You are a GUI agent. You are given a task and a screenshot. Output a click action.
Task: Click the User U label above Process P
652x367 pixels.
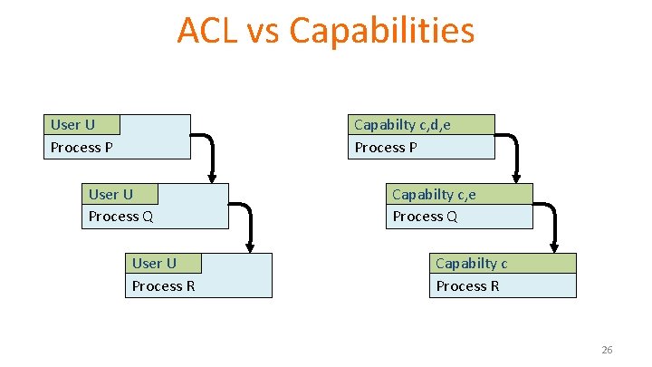(x=72, y=124)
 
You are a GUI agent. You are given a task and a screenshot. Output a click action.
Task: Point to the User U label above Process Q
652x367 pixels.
(x=110, y=194)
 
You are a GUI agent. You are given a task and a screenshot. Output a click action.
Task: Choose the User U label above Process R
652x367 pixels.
(x=154, y=263)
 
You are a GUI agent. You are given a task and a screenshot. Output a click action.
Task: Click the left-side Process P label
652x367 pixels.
(x=81, y=147)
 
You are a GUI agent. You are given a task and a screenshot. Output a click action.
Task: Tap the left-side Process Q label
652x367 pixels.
(x=120, y=217)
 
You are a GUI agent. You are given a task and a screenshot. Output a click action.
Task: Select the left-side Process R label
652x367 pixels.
(x=163, y=286)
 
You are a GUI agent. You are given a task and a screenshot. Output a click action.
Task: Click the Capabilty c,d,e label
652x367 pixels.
(x=402, y=124)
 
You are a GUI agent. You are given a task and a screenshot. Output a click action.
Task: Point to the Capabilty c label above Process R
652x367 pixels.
(x=471, y=263)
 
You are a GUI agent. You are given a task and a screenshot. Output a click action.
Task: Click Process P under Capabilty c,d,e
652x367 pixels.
(x=386, y=147)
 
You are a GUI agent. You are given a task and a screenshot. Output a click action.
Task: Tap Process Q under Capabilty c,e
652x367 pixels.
(x=425, y=217)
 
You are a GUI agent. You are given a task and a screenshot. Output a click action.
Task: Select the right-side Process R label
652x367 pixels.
(x=467, y=286)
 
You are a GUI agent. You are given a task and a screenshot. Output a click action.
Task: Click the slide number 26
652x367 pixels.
(x=607, y=350)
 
